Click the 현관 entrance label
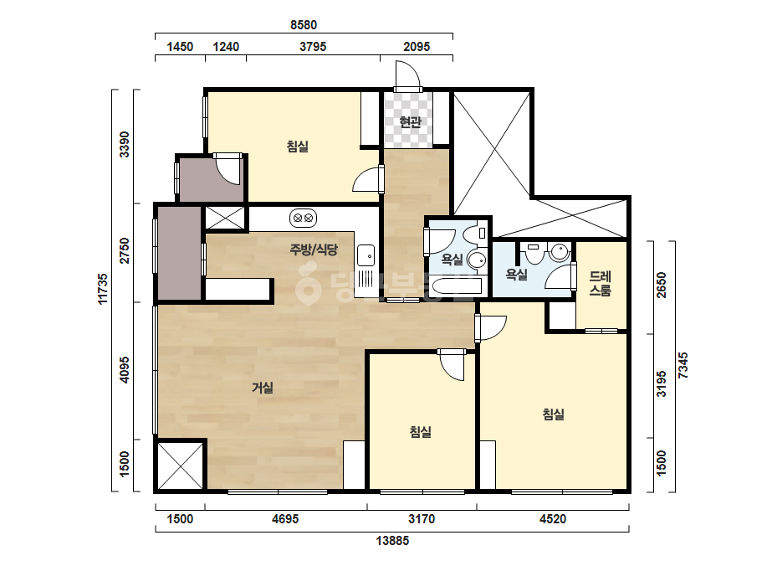pos(410,121)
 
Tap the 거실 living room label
pos(263,388)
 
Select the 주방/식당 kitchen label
pos(314,250)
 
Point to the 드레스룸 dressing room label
pos(601,284)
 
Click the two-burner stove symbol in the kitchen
pos(303,218)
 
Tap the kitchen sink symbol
pos(366,255)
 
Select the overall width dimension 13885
pos(392,541)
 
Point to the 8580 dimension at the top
pos(304,24)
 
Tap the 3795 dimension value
pos(313,47)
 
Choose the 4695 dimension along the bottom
pos(285,518)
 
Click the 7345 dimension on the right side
pos(683,365)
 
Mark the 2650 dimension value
pos(662,285)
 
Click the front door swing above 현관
pos(407,75)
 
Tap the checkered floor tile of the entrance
pos(409,120)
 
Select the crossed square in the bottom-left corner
pos(180,466)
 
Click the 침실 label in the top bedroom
pos(298,147)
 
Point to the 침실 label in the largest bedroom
pos(554,414)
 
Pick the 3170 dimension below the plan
pos(422,518)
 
